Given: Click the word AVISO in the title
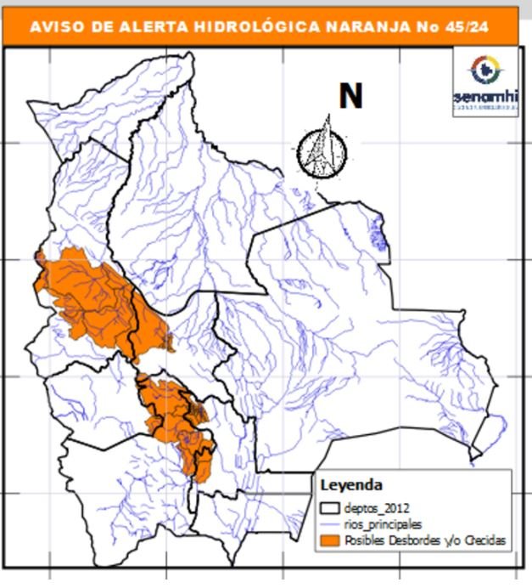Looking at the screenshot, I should click(55, 26).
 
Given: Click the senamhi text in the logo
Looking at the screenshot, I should click(484, 96).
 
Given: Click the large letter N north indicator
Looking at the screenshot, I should click(350, 95).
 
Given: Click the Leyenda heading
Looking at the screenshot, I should click(350, 485).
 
